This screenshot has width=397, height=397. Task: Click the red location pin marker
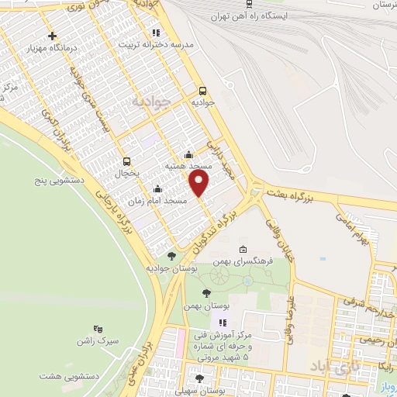[x=199, y=184]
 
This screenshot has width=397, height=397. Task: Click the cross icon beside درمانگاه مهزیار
[x=52, y=36]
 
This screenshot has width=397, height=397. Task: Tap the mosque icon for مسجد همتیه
[x=189, y=154]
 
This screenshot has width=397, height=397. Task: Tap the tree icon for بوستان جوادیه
[x=171, y=255]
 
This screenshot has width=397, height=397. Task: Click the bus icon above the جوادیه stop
[x=203, y=90]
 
